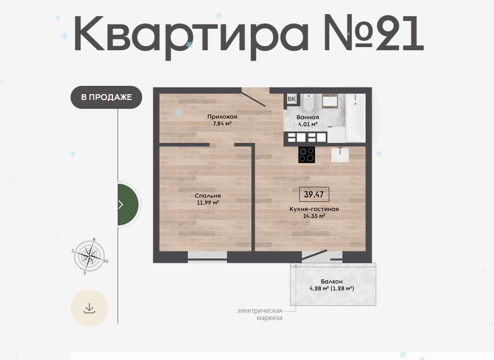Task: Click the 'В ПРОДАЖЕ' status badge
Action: [106, 97]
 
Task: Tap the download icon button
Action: [89, 308]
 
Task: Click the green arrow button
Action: [128, 205]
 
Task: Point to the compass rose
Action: [90, 255]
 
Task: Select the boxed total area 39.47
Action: [314, 194]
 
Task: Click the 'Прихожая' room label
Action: [222, 117]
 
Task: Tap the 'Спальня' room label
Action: [208, 196]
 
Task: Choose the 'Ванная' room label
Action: [308, 117]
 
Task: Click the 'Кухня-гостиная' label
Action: [314, 209]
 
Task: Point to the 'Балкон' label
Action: [332, 281]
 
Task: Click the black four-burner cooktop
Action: [306, 154]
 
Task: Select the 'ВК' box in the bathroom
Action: [292, 99]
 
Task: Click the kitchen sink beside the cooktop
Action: [340, 154]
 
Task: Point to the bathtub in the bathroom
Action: [355, 118]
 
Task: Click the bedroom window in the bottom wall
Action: [208, 256]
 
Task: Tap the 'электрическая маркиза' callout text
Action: [260, 314]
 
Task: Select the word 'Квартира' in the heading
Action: [191, 35]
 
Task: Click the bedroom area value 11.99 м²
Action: [208, 203]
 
